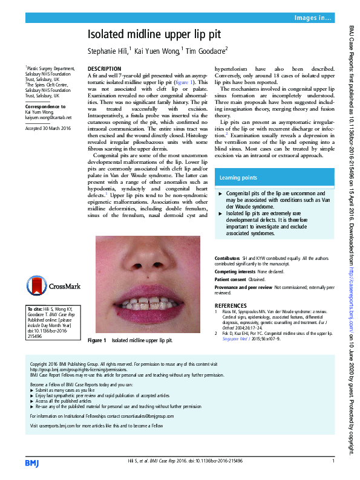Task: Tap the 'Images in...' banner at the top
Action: click(312, 18)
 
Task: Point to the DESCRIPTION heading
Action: click(105, 69)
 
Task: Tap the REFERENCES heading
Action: click(231, 306)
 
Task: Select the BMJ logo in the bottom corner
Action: click(32, 462)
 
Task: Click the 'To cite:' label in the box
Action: click(34, 310)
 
